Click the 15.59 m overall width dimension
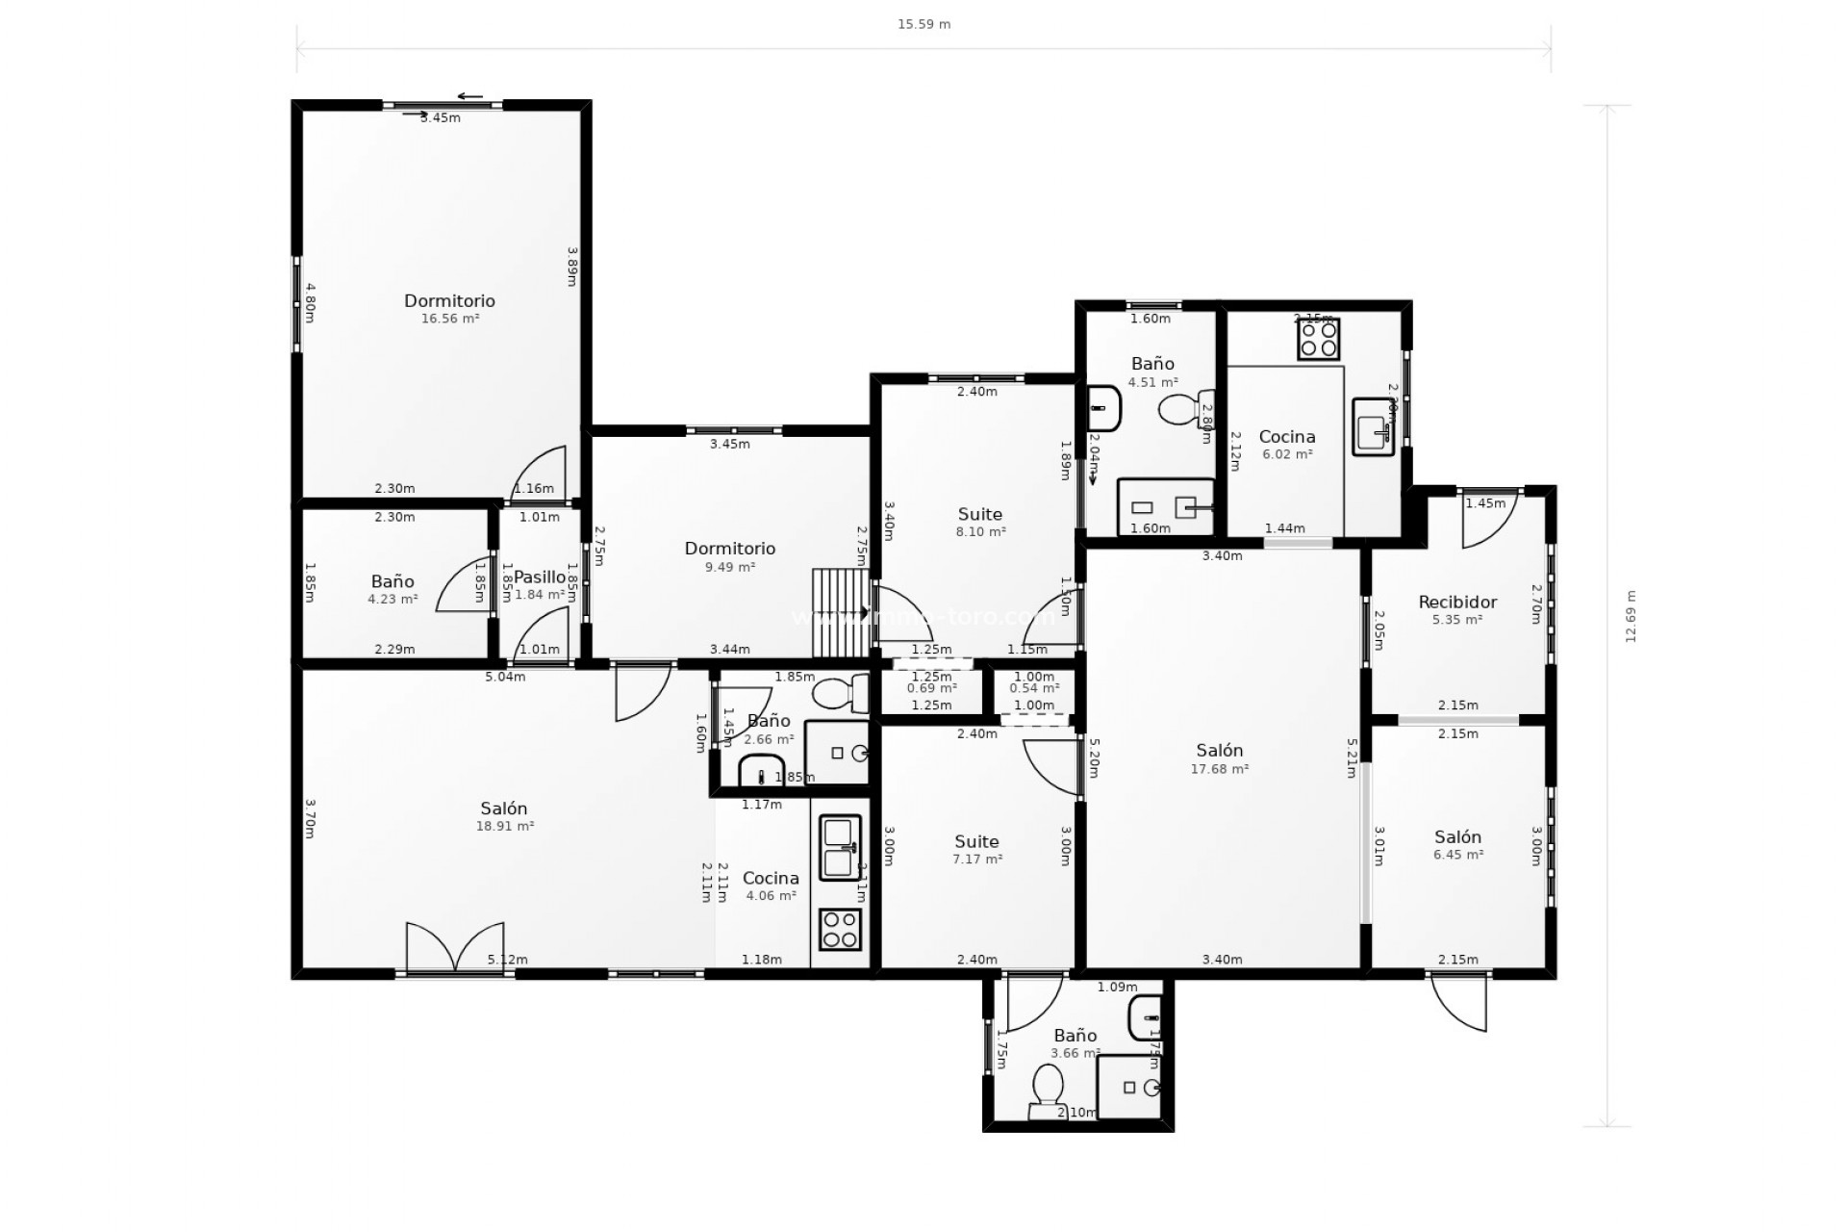(923, 24)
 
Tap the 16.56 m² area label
(450, 319)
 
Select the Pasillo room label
(539, 577)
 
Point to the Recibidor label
(1457, 603)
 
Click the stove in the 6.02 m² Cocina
(1318, 339)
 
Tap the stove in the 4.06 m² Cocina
(840, 929)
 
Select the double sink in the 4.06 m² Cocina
(840, 848)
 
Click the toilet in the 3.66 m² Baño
(1047, 1091)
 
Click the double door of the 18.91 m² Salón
(455, 948)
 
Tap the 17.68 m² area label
(1219, 769)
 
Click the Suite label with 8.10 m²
(979, 514)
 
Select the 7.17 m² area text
(977, 860)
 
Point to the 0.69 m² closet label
(931, 688)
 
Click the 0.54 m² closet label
(1034, 688)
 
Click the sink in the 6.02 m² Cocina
(1374, 425)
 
